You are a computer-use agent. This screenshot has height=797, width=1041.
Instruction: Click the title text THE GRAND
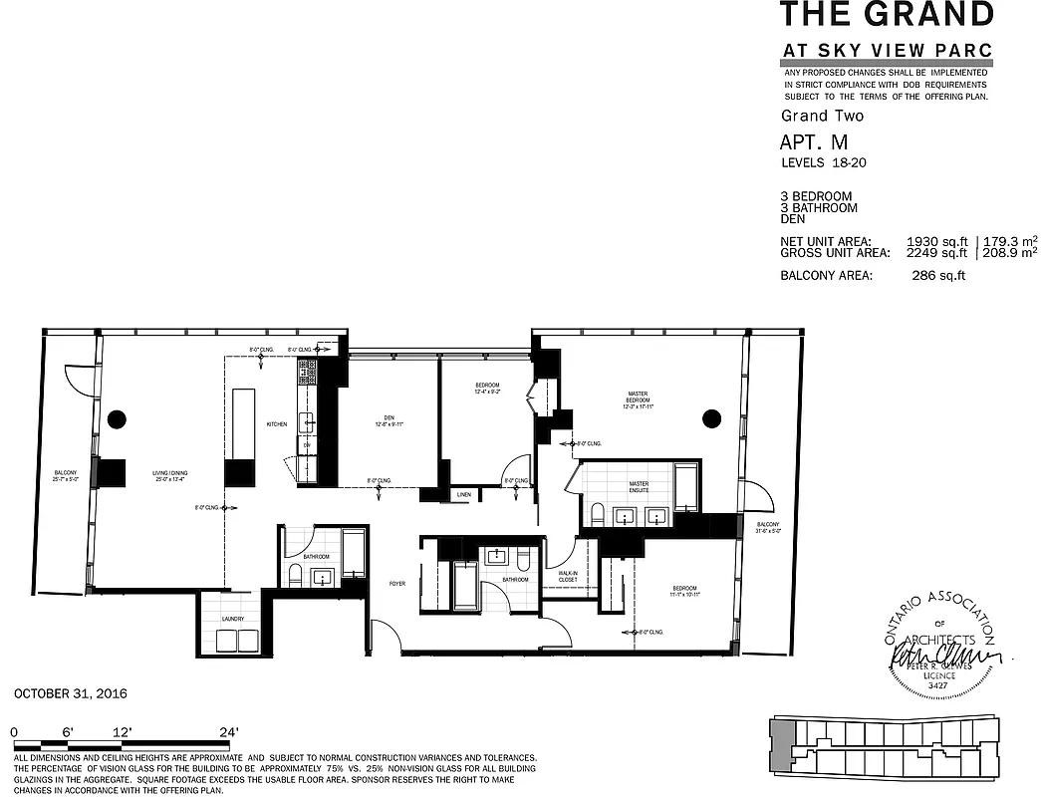pos(886,15)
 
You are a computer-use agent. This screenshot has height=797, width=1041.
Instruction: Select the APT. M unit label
pos(814,143)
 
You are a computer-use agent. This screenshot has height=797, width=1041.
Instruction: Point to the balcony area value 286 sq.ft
pos(938,276)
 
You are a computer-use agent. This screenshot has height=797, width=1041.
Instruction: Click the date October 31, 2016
pos(71,693)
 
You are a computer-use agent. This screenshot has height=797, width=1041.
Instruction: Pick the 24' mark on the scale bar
pos(228,732)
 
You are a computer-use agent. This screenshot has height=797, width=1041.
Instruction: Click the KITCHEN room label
pos(276,424)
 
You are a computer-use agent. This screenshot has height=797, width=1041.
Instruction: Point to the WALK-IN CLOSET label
pos(568,576)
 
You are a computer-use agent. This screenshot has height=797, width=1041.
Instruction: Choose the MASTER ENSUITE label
pos(639,487)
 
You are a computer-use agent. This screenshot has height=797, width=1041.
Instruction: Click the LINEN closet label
pos(463,495)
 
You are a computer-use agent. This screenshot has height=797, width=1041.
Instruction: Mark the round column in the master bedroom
pos(710,417)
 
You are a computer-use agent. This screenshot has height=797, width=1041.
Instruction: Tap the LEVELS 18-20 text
pos(822,162)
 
